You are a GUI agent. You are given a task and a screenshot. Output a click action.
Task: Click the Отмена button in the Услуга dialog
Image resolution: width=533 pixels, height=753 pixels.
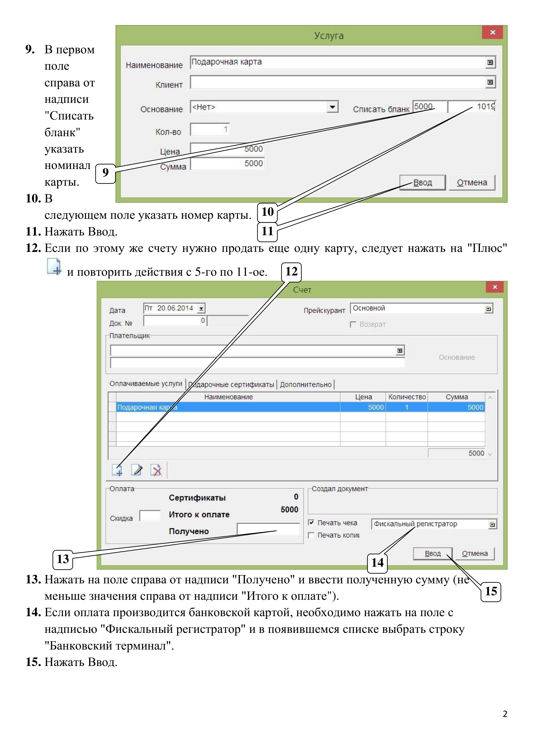tap(472, 183)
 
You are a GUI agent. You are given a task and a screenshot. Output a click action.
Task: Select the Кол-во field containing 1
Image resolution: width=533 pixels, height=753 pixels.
tap(209, 129)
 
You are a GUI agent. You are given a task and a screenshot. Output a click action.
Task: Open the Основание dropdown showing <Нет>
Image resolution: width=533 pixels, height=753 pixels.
tap(264, 107)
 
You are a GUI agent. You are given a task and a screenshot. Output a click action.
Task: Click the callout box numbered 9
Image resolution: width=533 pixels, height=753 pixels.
tap(105, 173)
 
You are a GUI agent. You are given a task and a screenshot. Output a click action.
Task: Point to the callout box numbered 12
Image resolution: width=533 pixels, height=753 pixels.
tap(291, 272)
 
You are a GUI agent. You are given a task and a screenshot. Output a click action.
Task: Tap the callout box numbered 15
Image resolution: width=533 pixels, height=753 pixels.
tap(491, 592)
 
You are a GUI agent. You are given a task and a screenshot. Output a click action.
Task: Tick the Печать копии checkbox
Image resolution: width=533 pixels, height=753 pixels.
tap(311, 535)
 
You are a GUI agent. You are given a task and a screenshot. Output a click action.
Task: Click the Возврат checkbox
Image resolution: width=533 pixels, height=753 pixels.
tap(353, 324)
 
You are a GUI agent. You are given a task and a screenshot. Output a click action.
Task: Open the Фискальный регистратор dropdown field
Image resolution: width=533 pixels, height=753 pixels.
tap(434, 524)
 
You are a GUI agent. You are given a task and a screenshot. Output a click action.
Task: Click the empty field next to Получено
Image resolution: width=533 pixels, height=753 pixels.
tap(268, 529)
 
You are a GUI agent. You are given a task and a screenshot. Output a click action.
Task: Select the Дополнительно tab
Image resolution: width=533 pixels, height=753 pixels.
tap(305, 384)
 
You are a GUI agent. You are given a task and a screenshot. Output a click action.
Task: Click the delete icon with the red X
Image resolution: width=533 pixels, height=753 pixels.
tap(156, 470)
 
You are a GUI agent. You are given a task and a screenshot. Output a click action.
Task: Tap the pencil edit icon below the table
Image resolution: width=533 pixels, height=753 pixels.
tap(137, 470)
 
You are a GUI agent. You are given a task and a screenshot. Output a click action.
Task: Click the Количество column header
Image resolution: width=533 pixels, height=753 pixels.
tap(406, 397)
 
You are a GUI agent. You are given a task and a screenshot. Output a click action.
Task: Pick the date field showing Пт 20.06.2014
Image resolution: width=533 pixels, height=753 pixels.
tap(174, 308)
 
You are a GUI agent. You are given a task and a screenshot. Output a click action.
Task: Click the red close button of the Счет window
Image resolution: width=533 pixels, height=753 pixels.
tap(495, 287)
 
